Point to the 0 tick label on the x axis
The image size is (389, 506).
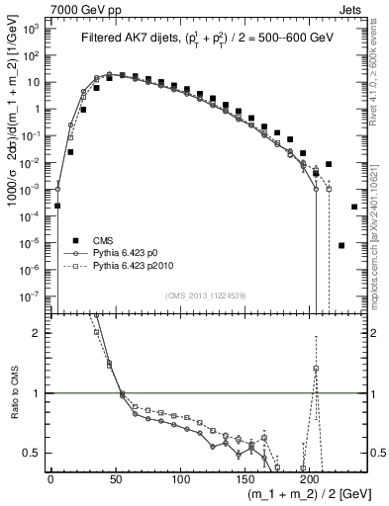pyautogui.click(x=50, y=477)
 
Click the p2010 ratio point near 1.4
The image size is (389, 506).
pyautogui.click(x=315, y=369)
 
